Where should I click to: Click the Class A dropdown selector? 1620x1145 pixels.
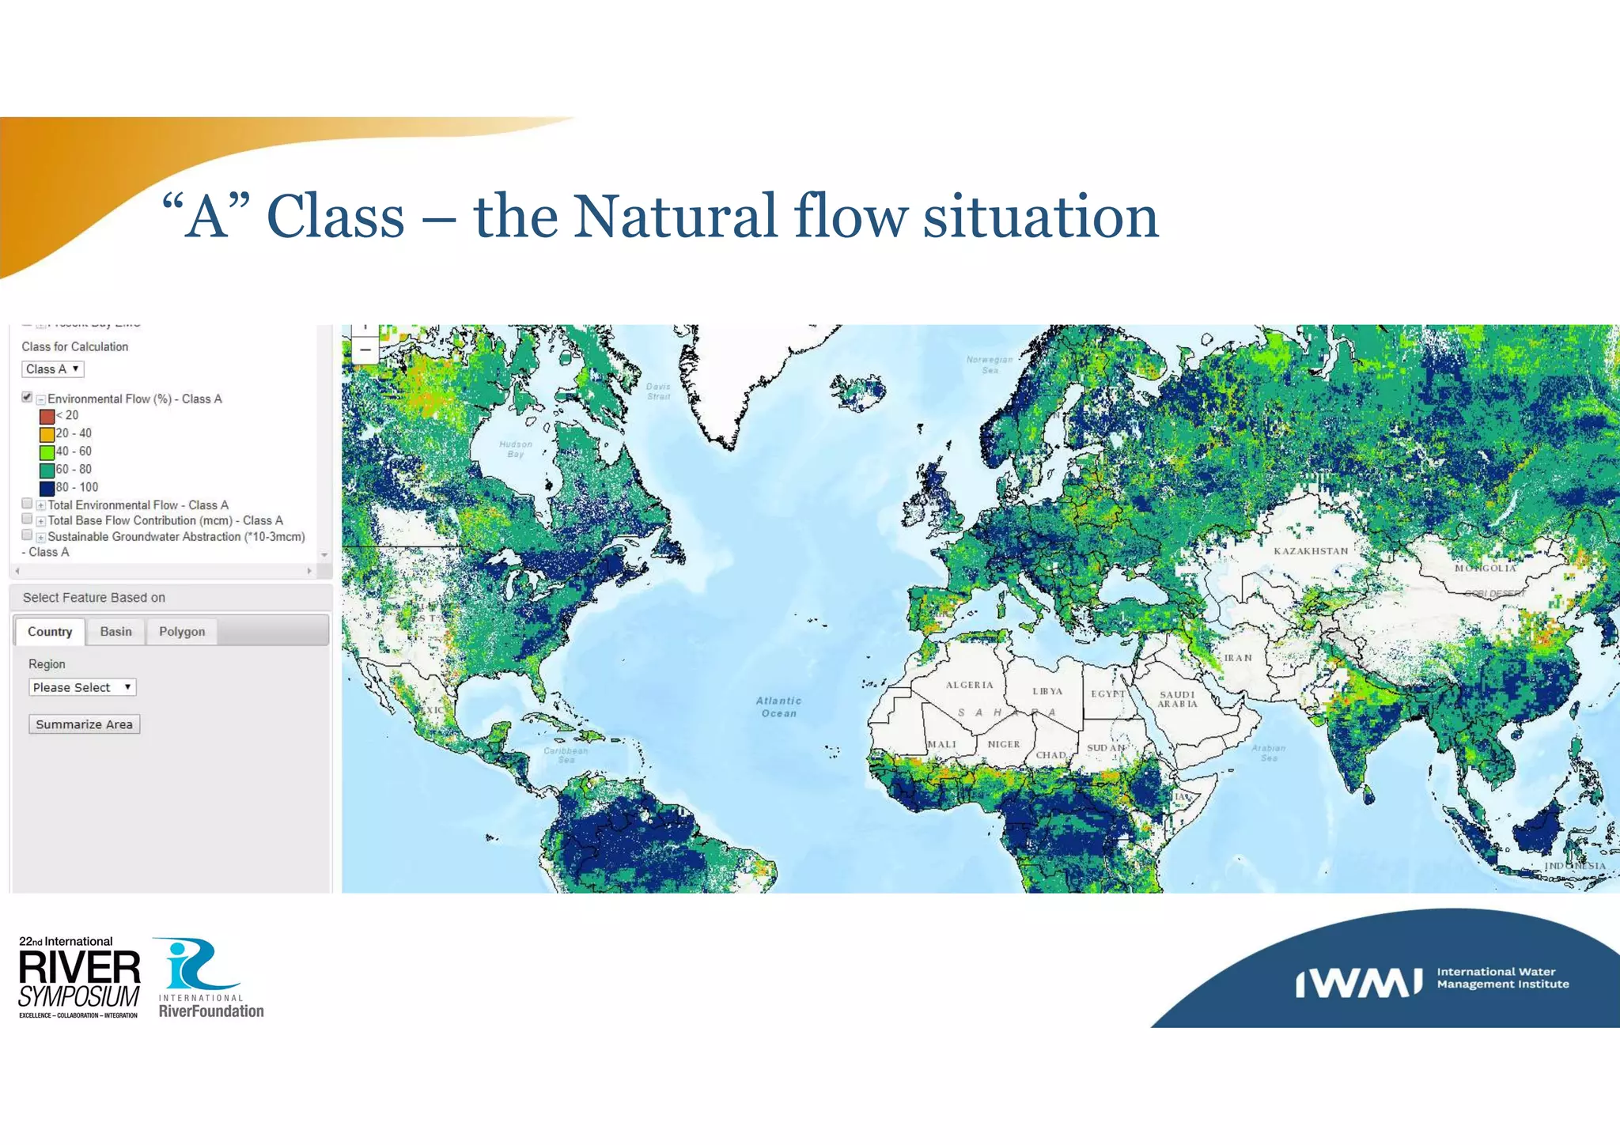point(52,369)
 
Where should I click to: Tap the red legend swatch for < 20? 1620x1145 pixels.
point(47,416)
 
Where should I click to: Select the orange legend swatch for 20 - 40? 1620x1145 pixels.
point(47,434)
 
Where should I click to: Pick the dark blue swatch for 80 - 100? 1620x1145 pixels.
point(47,488)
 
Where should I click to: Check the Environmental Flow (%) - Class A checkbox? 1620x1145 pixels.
point(27,397)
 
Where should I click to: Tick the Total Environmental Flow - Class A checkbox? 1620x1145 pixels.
point(27,504)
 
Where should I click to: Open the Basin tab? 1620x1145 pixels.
point(115,631)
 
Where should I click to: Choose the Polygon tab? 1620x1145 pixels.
point(182,631)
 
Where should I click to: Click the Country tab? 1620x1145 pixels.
point(50,631)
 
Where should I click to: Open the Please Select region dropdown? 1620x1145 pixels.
point(82,687)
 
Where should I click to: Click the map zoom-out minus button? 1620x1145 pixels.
point(365,350)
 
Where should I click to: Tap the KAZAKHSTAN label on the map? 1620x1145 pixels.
point(1311,551)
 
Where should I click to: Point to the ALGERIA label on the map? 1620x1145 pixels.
point(969,685)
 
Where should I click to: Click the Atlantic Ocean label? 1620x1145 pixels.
point(778,707)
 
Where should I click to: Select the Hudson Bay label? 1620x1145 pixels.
point(516,449)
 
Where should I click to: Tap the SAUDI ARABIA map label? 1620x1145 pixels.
point(1178,699)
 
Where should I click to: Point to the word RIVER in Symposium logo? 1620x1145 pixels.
point(79,968)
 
